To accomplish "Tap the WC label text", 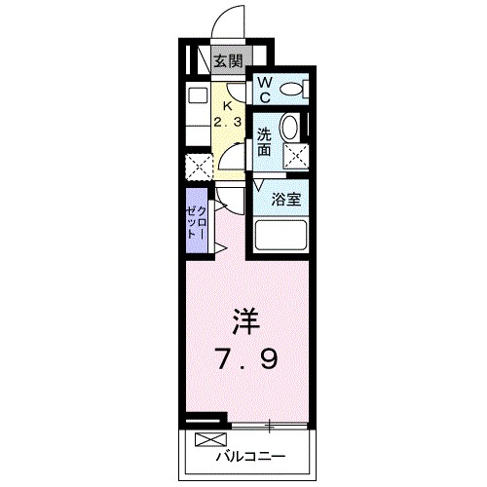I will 264,91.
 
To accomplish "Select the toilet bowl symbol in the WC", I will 291,91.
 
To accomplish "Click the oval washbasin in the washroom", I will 289,128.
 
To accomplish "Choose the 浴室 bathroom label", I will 285,199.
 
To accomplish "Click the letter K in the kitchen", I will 228,105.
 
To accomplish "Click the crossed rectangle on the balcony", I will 207,438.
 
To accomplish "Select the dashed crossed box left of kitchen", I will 197,167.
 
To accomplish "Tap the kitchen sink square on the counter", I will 197,95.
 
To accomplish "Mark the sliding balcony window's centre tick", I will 270,426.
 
